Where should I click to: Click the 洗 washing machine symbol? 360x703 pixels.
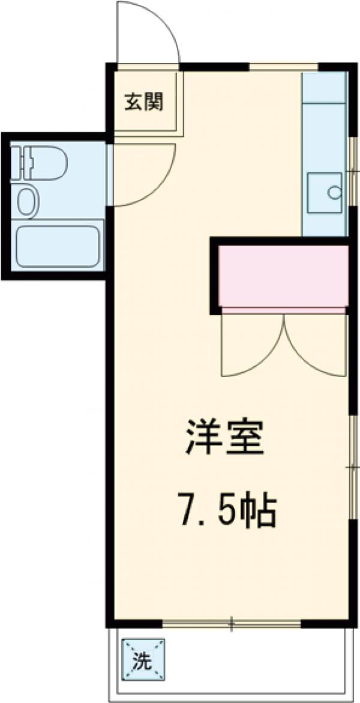pos(143,660)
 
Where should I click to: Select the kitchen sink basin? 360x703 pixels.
pos(325,193)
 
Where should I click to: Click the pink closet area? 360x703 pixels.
pos(283,276)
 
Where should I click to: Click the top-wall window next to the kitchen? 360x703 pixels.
pos(283,67)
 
